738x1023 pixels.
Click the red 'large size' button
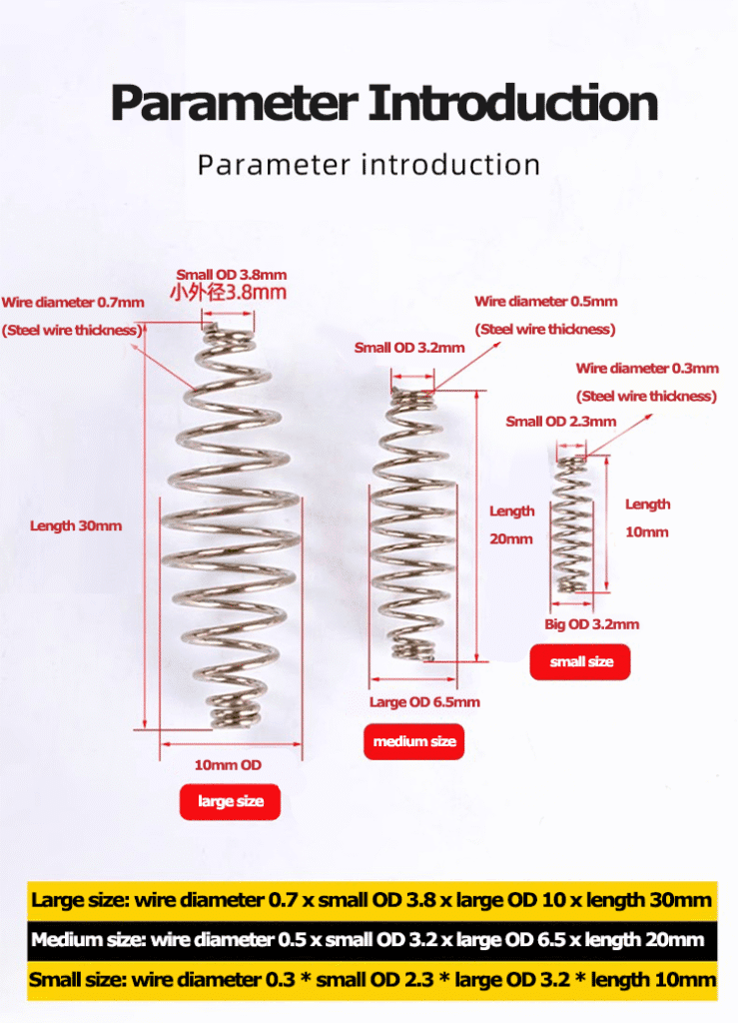230,801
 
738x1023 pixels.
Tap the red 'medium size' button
414,741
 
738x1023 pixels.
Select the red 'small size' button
580,661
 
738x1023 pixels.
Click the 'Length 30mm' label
76,525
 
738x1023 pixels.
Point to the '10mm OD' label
228,764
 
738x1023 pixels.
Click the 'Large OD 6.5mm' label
424,702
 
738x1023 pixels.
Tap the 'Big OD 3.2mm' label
591,624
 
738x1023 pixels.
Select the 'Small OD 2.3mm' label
560,422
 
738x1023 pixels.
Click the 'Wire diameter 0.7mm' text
73,302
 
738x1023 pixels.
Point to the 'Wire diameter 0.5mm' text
545,302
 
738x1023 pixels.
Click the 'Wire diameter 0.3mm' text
647,369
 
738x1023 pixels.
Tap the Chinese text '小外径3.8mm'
228,293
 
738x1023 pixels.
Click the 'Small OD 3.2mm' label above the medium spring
409,348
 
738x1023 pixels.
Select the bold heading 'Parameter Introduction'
384,103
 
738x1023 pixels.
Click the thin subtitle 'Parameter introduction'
369,165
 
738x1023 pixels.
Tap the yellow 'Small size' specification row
372,980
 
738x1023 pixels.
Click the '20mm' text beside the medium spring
511,538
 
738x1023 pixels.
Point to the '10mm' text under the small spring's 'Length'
647,532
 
